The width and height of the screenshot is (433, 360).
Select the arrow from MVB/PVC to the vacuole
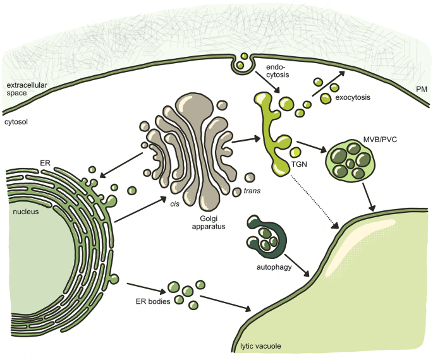pos(371,198)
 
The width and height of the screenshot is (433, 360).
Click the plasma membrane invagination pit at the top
pos(240,63)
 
